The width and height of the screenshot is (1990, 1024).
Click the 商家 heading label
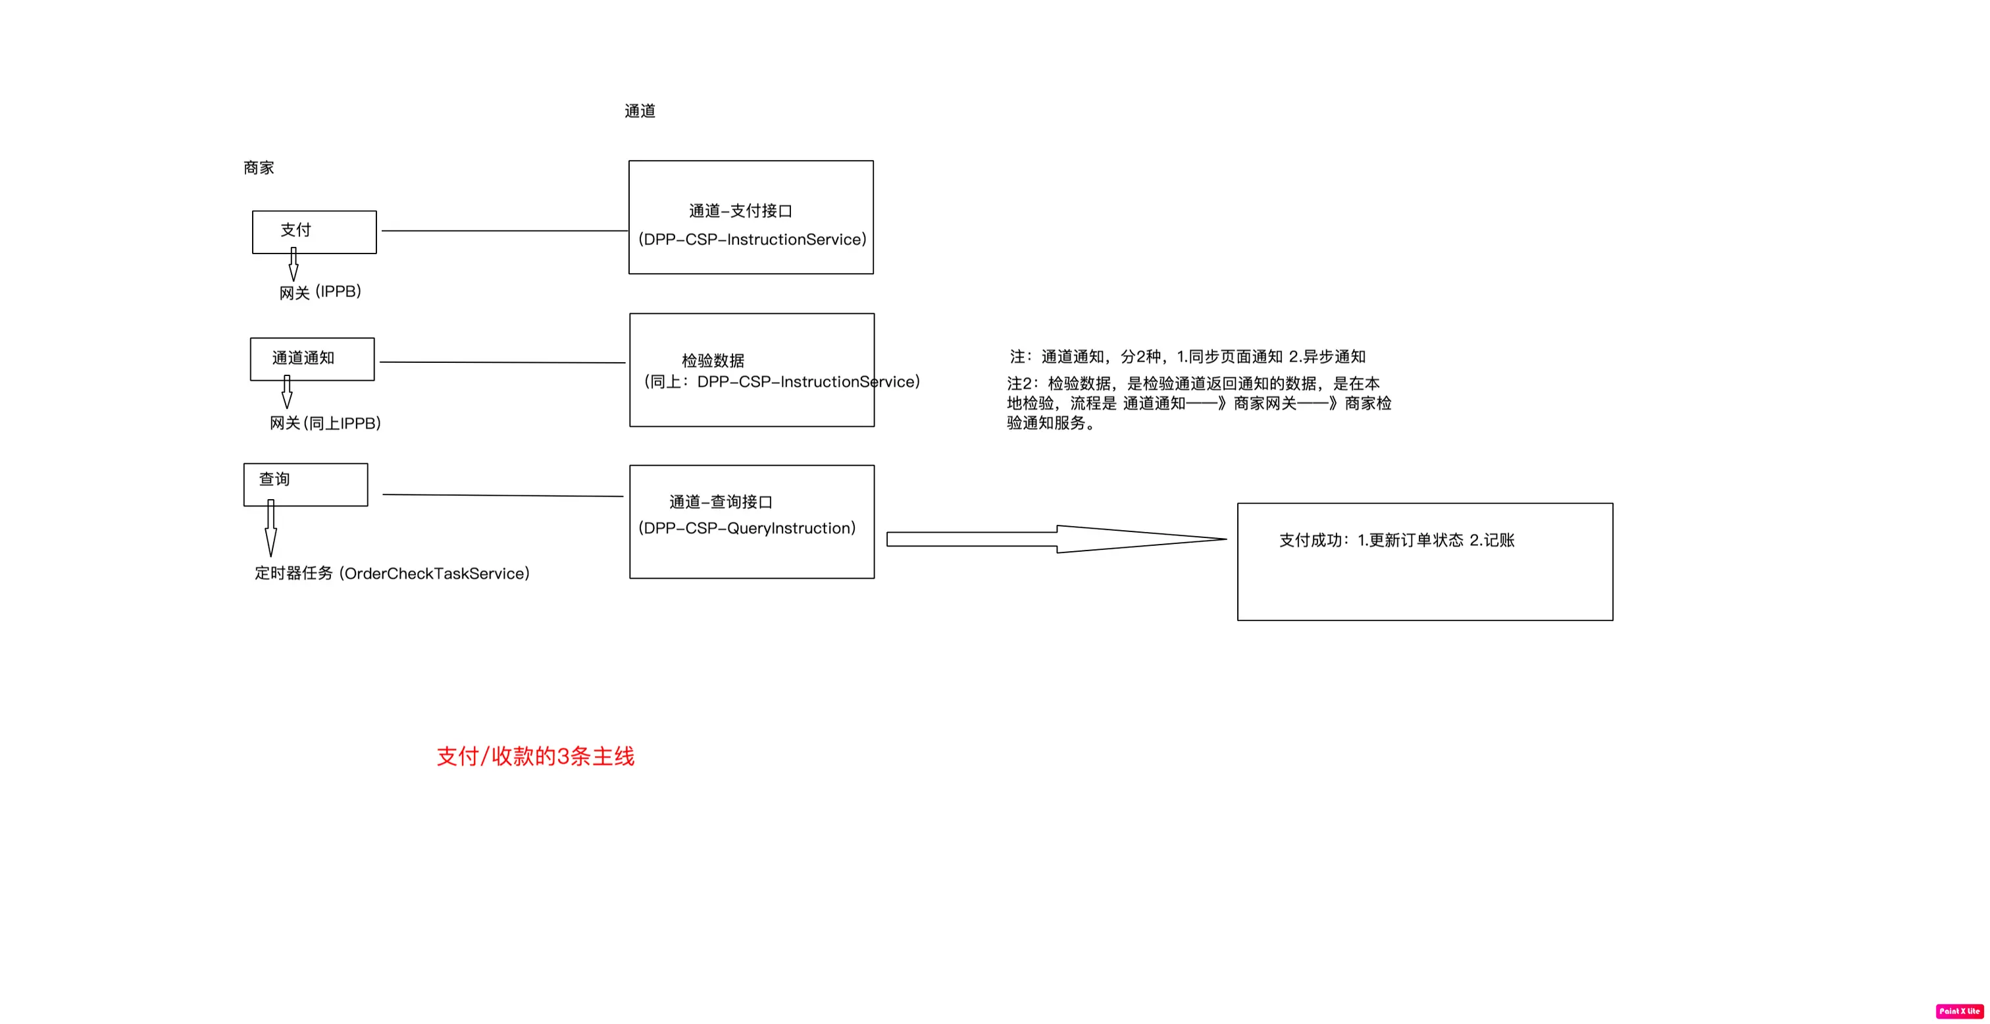point(259,168)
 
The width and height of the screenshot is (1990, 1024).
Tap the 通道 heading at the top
point(640,111)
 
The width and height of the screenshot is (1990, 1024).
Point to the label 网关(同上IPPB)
point(325,423)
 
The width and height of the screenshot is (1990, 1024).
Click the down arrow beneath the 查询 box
point(271,529)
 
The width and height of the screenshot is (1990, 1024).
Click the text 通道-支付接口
point(740,211)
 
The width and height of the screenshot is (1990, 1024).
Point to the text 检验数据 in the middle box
point(712,360)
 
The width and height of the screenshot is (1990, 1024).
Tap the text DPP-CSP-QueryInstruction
point(747,528)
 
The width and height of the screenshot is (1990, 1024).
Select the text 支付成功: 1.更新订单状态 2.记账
point(1396,540)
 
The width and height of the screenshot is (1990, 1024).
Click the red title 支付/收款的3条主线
point(536,756)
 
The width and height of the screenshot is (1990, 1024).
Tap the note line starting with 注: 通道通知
point(1187,356)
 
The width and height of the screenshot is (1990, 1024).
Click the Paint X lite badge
point(1959,1011)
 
